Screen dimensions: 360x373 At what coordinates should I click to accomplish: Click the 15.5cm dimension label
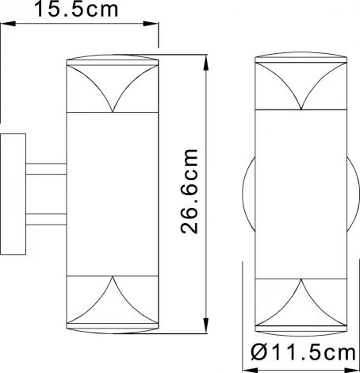coord(76,9)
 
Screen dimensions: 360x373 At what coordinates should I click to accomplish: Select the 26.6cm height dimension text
coord(190,191)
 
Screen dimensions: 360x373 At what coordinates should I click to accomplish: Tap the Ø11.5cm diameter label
coord(303,352)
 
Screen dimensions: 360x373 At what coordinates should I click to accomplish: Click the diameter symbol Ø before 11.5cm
coord(259,352)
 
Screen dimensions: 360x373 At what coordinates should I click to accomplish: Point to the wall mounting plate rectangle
coord(13,194)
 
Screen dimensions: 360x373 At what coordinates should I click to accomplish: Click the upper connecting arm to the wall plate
coord(46,169)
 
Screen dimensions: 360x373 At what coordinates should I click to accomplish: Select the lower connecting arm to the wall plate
coord(46,219)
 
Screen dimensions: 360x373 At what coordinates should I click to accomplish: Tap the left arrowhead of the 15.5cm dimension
coord(8,24)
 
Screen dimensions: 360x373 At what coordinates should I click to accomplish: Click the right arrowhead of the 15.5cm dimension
coord(151,24)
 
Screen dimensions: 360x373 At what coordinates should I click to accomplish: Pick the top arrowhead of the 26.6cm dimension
coord(206,63)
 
